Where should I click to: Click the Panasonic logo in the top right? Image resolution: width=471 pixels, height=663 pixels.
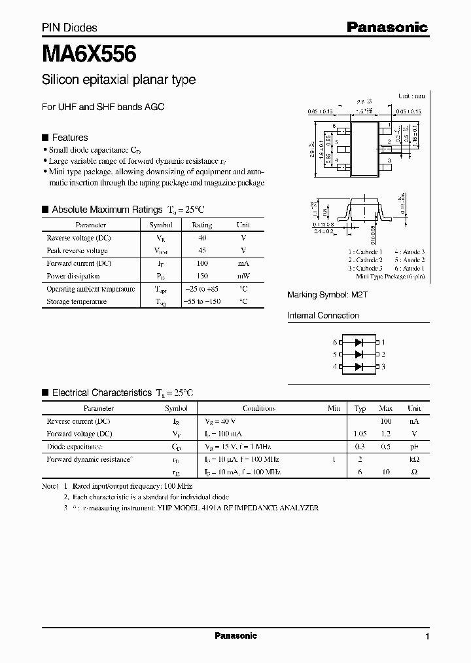(x=387, y=27)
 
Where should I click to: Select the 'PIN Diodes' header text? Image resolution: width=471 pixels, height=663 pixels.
(x=69, y=28)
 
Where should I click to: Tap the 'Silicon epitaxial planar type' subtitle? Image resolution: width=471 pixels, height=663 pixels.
(x=118, y=80)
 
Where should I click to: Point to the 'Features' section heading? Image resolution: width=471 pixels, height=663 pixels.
(x=69, y=138)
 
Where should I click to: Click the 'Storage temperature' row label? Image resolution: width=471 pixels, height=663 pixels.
(x=77, y=301)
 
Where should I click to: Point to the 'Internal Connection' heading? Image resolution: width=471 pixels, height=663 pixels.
(x=323, y=315)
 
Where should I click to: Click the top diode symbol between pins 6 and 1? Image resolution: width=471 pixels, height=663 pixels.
(x=358, y=342)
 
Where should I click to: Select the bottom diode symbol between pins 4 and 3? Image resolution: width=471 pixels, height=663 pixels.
(x=358, y=367)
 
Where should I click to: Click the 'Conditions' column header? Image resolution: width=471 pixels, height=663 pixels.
(x=258, y=408)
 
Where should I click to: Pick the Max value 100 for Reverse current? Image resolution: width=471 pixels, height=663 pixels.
(x=385, y=421)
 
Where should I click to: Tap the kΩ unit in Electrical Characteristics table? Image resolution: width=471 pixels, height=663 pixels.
(x=414, y=459)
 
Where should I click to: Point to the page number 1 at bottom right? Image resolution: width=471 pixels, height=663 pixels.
(x=427, y=637)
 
